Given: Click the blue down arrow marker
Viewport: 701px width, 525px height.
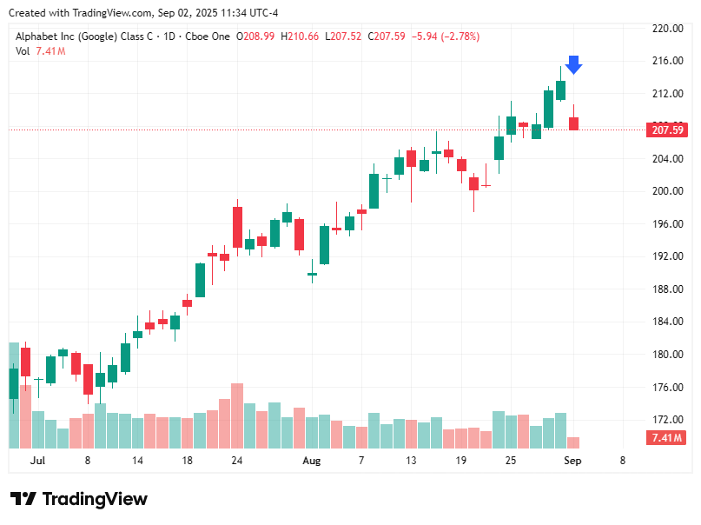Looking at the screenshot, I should [x=573, y=65].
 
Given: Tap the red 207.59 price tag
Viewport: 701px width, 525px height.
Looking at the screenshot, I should [x=666, y=130].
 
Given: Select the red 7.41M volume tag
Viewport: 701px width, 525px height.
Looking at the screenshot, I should [x=666, y=438].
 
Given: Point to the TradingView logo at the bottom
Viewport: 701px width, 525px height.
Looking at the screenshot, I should [x=79, y=499].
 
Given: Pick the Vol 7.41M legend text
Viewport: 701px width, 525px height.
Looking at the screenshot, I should [x=40, y=51].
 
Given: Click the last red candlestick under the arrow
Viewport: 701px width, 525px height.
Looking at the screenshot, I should [x=573, y=123].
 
